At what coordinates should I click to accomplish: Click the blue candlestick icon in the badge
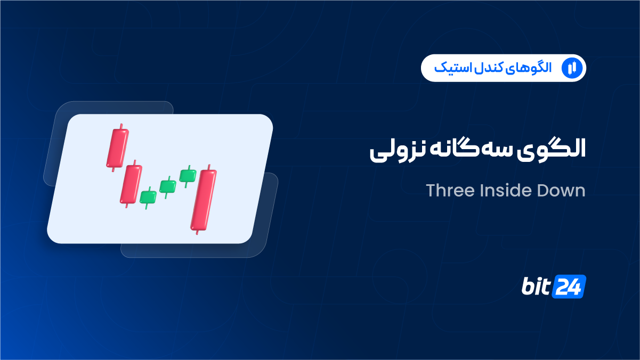[x=572, y=68]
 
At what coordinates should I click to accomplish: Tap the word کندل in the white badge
[x=487, y=68]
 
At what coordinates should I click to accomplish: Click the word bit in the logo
[x=536, y=286]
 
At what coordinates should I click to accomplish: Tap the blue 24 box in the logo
[x=569, y=287]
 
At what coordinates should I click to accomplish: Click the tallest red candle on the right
[x=204, y=200]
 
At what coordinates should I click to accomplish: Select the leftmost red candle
[x=117, y=148]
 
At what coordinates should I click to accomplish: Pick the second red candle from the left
[x=131, y=184]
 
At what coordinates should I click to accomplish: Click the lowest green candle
[x=148, y=197]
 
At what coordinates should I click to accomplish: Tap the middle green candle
[x=168, y=187]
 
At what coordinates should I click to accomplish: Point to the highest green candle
[x=188, y=176]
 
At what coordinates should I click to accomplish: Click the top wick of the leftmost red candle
[x=121, y=126]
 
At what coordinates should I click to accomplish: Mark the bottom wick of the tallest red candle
[x=197, y=232]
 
